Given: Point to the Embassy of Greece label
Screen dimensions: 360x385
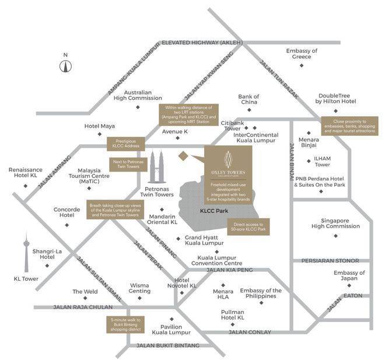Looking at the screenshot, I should [302, 54].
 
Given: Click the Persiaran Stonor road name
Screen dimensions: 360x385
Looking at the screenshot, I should [334, 261].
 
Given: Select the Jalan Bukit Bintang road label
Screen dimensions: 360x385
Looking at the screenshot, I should [167, 345].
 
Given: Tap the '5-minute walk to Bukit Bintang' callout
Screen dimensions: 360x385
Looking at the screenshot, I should [125, 324].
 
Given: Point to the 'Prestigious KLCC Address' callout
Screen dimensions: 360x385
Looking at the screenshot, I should [124, 143].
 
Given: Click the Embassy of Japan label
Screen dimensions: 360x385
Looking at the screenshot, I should [349, 276].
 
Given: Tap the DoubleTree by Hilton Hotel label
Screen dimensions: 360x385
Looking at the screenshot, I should [336, 98].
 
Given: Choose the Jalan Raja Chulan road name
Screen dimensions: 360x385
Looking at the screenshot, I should [80, 307].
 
